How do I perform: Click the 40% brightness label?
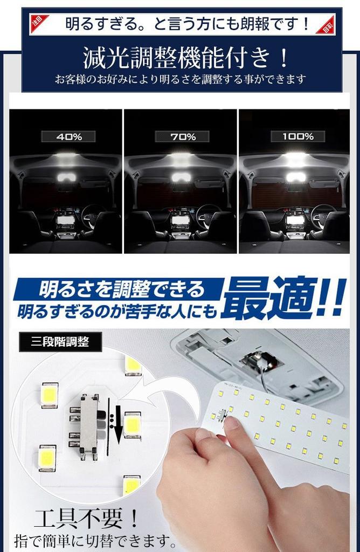(x=69, y=136)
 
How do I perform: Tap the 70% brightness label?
(x=182, y=136)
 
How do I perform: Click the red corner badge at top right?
(x=324, y=25)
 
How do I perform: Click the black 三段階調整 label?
(x=60, y=341)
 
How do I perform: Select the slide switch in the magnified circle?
(x=89, y=424)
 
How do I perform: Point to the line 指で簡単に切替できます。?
(x=96, y=540)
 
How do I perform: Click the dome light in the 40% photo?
(x=66, y=177)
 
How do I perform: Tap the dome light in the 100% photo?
(x=294, y=177)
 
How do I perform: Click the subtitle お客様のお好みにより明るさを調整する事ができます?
(x=181, y=79)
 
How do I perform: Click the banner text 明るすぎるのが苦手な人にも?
(x=116, y=311)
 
